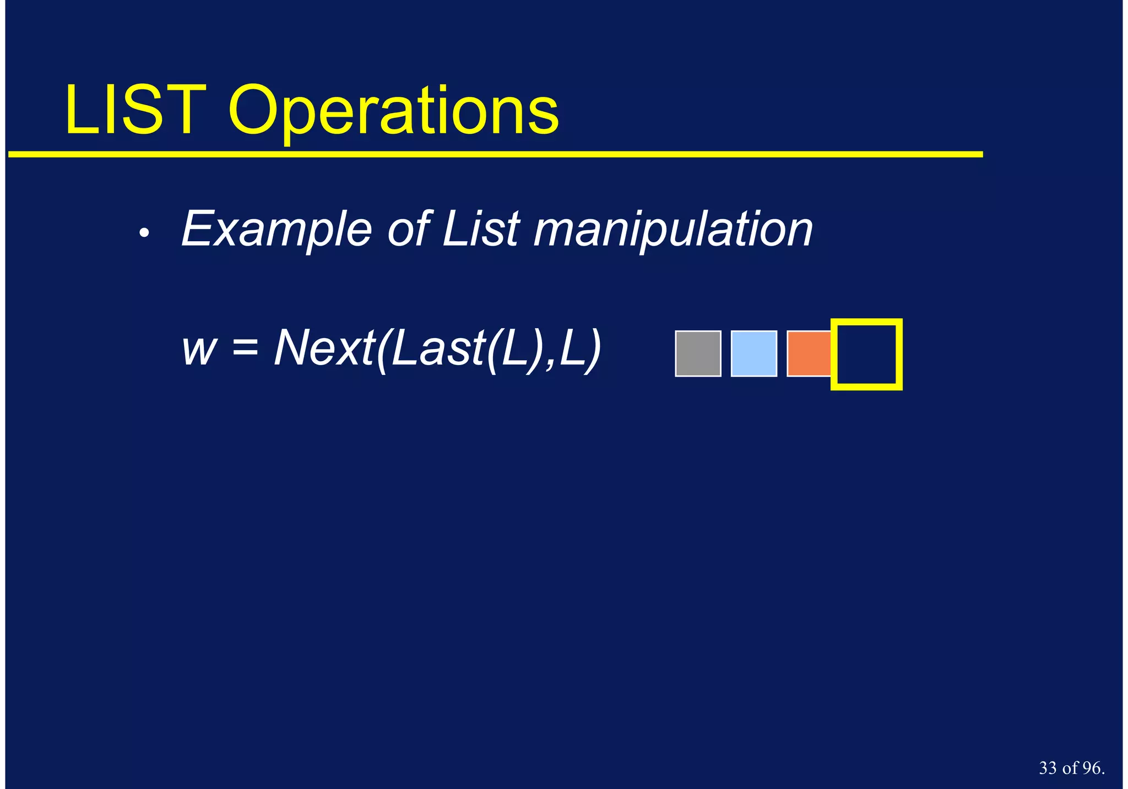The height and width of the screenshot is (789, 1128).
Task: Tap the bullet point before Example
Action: pos(144,234)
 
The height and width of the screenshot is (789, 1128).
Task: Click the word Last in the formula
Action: pos(436,348)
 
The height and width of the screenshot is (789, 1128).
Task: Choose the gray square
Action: pos(698,353)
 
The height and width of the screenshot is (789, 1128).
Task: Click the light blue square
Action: pos(753,353)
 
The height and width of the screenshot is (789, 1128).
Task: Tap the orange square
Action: pos(809,353)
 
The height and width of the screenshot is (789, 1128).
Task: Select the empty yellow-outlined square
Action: pos(866,354)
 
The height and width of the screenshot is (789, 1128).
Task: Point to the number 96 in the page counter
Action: pos(1091,768)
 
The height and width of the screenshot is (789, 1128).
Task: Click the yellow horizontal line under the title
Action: pos(496,155)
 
